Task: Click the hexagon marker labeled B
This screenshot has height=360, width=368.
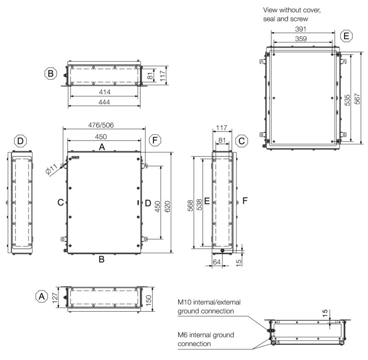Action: click(51, 73)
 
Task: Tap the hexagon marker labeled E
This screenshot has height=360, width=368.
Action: click(346, 36)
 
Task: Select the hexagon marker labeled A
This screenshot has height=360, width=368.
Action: click(41, 296)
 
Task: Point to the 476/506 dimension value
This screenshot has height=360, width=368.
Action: click(101, 125)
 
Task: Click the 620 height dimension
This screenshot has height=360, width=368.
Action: click(167, 206)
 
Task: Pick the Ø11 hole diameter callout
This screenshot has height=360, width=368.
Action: click(52, 169)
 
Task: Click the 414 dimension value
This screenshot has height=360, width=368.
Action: click(105, 92)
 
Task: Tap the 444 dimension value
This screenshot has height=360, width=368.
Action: click(104, 102)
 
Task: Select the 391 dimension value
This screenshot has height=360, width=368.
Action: click(301, 29)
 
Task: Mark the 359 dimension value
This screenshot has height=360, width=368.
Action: click(301, 39)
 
